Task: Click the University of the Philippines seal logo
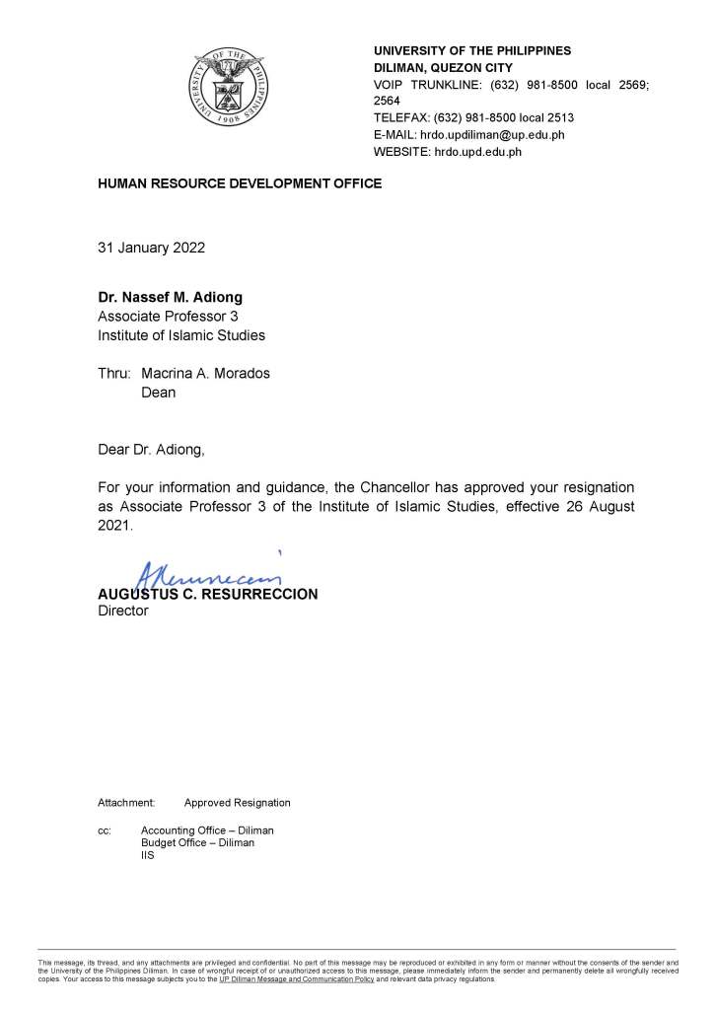[x=229, y=86]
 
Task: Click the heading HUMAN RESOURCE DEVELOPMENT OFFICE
[x=239, y=183]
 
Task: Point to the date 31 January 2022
[x=151, y=248]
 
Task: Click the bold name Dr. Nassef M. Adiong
[x=169, y=297]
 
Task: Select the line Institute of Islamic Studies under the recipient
[x=180, y=335]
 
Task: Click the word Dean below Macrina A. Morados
[x=159, y=393]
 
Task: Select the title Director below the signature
[x=122, y=612]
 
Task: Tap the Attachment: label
[x=126, y=803]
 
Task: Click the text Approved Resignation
[x=237, y=803]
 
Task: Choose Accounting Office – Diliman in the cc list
[x=207, y=830]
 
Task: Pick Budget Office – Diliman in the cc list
[x=197, y=843]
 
